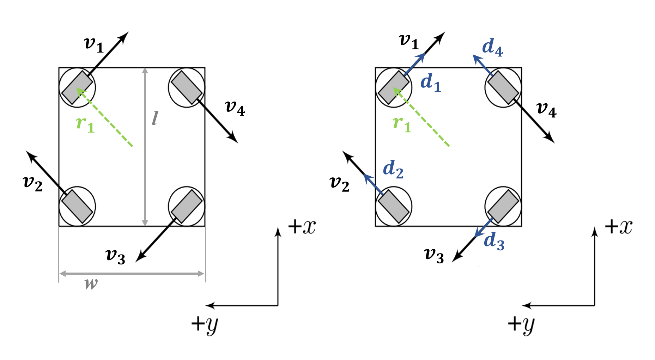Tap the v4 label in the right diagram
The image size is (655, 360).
[546, 110]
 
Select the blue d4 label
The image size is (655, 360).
[492, 48]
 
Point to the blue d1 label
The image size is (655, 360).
[431, 83]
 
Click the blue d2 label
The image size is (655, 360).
[393, 170]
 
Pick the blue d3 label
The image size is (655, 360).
[494, 242]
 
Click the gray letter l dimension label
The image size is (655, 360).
[155, 118]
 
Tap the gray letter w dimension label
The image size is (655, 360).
[91, 283]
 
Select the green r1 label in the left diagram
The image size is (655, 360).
[85, 124]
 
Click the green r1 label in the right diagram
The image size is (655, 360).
[402, 124]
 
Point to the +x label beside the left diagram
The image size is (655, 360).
[302, 227]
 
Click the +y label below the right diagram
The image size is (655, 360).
[521, 324]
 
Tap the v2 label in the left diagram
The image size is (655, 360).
[32, 184]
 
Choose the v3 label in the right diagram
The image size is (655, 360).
[434, 255]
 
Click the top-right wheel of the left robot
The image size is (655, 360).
[187, 87]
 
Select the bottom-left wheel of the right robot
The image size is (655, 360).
[394, 206]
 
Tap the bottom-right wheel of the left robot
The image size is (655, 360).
[187, 206]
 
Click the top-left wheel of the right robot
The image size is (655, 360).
[394, 87]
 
